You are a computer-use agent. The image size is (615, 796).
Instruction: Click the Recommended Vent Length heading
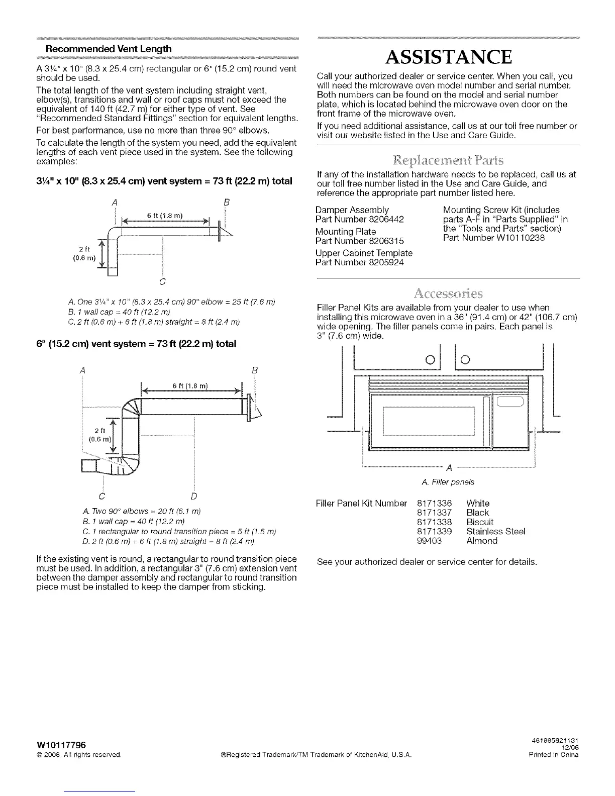[x=109, y=49]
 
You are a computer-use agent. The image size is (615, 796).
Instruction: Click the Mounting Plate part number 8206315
[x=386, y=241]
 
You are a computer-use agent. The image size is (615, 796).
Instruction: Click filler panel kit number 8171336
[x=435, y=503]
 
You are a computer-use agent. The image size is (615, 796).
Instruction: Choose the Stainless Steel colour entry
[x=495, y=531]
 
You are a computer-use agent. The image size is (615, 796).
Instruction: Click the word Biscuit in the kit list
[x=480, y=522]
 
